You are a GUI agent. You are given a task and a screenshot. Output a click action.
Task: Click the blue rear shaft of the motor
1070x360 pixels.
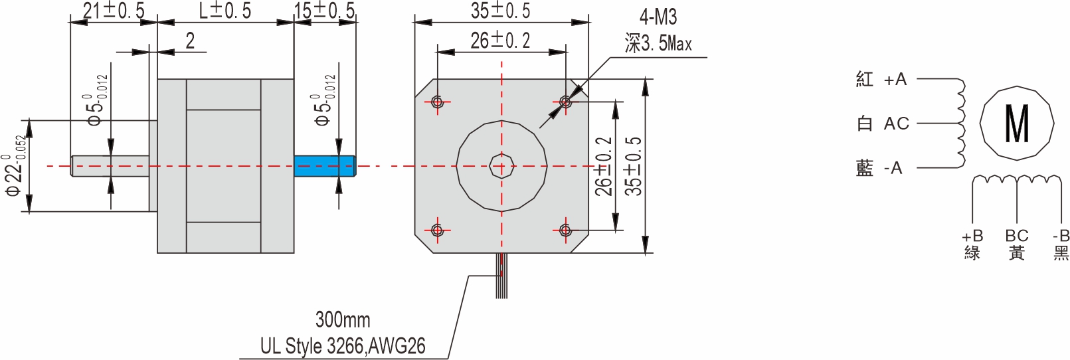[324, 166]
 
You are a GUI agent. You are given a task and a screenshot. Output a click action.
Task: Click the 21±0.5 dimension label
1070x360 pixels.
[114, 11]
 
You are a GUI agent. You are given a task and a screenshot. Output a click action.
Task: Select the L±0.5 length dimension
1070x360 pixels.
[225, 11]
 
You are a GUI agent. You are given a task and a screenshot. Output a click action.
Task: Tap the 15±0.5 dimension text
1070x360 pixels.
[325, 11]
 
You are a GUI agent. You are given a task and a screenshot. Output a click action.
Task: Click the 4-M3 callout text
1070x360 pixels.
[658, 17]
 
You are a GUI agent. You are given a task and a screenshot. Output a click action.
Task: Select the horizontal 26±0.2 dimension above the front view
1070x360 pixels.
[501, 41]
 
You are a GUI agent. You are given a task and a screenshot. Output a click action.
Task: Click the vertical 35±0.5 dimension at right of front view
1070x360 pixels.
[634, 166]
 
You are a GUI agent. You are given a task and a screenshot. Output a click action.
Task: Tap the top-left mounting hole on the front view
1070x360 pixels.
[437, 102]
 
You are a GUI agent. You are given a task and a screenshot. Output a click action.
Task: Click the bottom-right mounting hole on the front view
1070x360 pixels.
[565, 230]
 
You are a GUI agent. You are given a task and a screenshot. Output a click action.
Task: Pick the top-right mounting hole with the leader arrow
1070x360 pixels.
[565, 102]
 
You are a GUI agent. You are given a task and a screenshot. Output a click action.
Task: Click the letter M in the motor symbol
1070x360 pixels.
[1017, 124]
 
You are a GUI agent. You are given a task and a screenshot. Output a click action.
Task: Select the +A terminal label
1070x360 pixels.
[895, 80]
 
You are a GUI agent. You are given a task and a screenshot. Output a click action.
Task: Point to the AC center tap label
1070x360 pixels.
[896, 124]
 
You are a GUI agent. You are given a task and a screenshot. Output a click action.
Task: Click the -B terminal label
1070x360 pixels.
[1061, 236]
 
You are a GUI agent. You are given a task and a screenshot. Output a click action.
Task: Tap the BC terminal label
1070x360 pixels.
[1016, 236]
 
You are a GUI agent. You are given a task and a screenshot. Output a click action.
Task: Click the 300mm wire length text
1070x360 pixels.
[343, 319]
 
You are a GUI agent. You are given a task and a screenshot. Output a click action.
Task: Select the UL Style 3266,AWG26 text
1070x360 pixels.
[343, 346]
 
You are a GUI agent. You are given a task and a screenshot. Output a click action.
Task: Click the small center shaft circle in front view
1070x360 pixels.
[501, 166]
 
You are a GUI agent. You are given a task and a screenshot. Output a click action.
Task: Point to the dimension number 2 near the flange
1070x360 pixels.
[190, 41]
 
